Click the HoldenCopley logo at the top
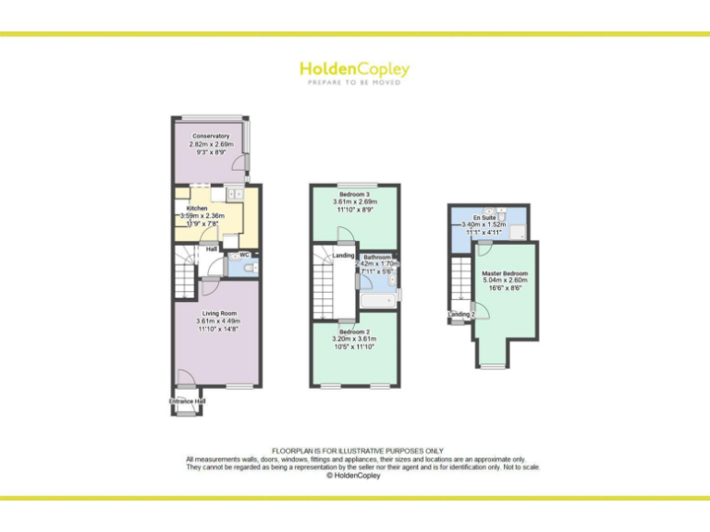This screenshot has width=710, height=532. [x=354, y=69]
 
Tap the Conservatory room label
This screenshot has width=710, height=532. [x=210, y=137]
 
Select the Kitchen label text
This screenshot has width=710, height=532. [x=197, y=209]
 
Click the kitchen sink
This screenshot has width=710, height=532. [x=232, y=194]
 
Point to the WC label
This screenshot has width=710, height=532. [x=244, y=254]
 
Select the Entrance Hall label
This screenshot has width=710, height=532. [x=188, y=402]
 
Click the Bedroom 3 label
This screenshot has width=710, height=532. [x=356, y=194]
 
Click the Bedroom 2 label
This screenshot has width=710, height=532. [x=355, y=331]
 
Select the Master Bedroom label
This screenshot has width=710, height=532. [x=505, y=274]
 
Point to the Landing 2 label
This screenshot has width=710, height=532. [x=461, y=315]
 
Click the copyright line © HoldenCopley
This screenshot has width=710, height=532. [x=354, y=476]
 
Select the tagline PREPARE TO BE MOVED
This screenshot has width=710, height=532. [x=354, y=83]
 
